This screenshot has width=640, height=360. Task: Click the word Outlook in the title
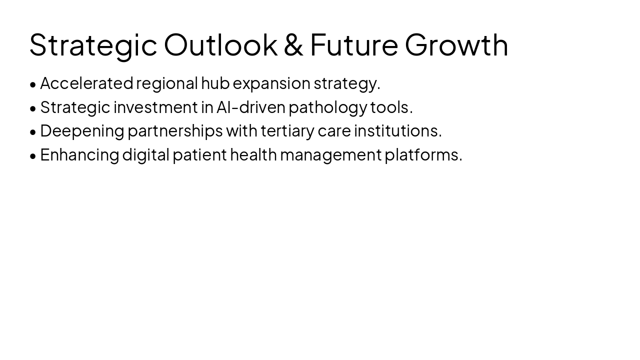click(x=220, y=44)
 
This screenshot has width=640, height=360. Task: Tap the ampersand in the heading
click(x=293, y=44)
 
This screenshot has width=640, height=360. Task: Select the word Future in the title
click(x=354, y=44)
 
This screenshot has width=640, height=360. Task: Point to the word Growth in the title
click(x=456, y=44)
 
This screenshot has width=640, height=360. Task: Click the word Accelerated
click(x=86, y=83)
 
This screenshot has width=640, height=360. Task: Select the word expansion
click(x=271, y=83)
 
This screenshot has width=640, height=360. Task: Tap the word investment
click(x=155, y=107)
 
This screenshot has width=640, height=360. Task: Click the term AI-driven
click(x=251, y=107)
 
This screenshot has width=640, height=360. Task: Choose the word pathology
click(x=328, y=107)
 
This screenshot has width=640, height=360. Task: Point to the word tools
click(x=391, y=107)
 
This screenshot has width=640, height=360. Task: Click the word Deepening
click(x=82, y=131)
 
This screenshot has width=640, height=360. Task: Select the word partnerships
click(x=175, y=131)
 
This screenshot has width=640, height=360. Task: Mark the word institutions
click(x=397, y=131)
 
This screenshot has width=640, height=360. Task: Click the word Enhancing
click(x=79, y=155)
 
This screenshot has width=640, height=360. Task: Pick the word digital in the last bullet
click(x=146, y=155)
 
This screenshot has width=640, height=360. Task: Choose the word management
click(x=330, y=155)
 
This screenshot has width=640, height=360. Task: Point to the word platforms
click(x=423, y=155)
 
